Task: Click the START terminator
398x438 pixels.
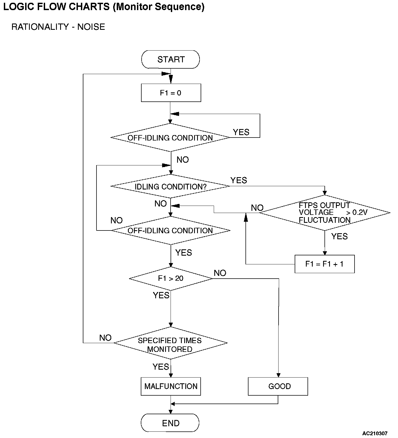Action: (171, 59)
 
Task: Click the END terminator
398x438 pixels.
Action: (171, 423)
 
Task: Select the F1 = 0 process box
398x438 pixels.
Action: (171, 93)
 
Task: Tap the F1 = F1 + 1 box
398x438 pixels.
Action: (324, 264)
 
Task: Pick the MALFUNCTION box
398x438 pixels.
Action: (171, 386)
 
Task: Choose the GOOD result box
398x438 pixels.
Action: (278, 386)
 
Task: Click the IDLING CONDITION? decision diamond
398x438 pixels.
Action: (170, 186)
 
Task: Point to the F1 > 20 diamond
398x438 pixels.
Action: (171, 279)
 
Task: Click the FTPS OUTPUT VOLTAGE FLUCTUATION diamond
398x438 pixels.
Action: (324, 213)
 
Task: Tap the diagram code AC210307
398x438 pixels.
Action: (375, 434)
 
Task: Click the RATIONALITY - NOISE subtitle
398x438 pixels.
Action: (58, 27)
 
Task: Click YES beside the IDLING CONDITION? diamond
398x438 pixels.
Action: (239, 180)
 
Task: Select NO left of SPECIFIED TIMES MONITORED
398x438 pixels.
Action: (105, 338)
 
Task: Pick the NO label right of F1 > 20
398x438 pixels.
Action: (220, 273)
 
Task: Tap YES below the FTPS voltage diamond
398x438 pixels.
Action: (339, 236)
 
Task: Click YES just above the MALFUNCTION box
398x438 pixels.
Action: (161, 367)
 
